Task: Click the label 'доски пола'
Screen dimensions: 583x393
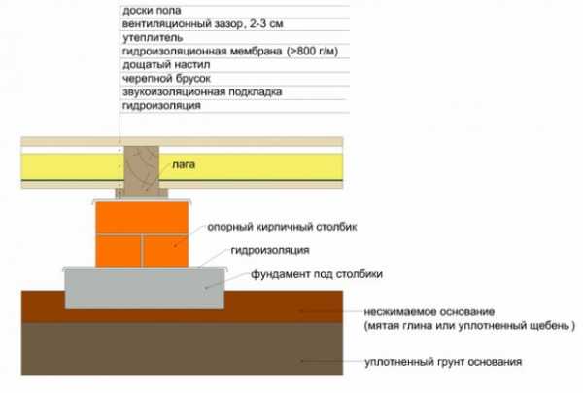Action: click(x=152, y=11)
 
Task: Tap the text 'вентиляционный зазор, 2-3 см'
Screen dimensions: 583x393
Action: click(x=203, y=24)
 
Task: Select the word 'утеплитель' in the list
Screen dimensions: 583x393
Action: click(x=153, y=38)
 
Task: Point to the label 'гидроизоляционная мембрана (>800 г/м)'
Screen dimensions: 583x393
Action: click(x=230, y=51)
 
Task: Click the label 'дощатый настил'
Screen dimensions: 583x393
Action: click(x=166, y=65)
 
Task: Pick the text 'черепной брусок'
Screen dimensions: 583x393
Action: click(x=166, y=79)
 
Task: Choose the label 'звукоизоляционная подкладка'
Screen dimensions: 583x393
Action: click(x=202, y=91)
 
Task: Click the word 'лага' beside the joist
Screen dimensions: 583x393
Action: click(x=184, y=164)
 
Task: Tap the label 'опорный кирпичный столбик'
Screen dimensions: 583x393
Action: click(x=282, y=227)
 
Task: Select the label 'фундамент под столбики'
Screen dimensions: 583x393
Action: click(x=317, y=274)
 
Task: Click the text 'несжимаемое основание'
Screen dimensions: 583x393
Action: click(x=429, y=311)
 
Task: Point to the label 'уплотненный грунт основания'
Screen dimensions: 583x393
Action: click(x=443, y=362)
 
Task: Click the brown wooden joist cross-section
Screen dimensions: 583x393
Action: click(x=142, y=171)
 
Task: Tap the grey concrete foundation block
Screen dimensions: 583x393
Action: click(x=145, y=289)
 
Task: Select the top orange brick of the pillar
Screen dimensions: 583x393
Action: click(x=142, y=218)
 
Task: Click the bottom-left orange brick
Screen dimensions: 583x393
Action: click(x=119, y=251)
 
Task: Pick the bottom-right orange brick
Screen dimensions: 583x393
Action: click(x=166, y=251)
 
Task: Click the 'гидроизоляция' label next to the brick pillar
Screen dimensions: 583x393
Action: click(x=270, y=250)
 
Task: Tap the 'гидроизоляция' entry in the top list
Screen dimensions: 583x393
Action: click(x=161, y=106)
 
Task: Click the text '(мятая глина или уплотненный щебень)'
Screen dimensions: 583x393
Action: click(x=469, y=326)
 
